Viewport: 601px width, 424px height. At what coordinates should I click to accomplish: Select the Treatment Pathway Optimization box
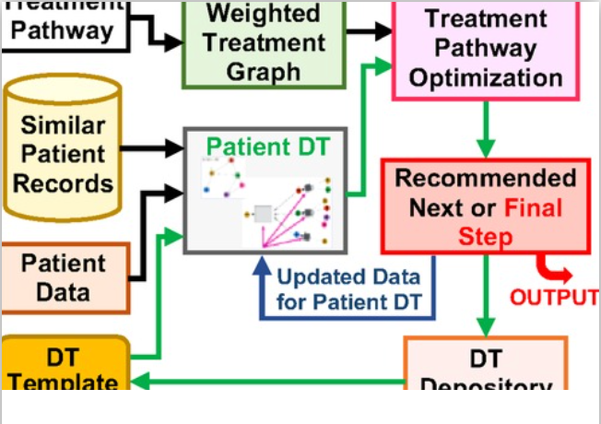point(485,48)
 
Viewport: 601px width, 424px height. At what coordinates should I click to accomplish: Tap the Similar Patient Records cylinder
point(63,153)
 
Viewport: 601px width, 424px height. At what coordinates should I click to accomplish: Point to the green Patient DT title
point(266,147)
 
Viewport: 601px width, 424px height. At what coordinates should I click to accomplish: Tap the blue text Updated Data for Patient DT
point(348,289)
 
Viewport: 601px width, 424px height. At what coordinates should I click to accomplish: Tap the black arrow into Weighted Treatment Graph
point(166,42)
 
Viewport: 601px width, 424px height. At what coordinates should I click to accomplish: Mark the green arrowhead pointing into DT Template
point(136,383)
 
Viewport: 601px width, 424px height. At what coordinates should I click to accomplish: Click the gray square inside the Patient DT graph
point(263,214)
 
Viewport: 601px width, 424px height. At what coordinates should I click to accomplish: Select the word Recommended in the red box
point(485,178)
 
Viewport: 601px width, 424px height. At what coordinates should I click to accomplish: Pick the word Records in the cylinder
point(63,182)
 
